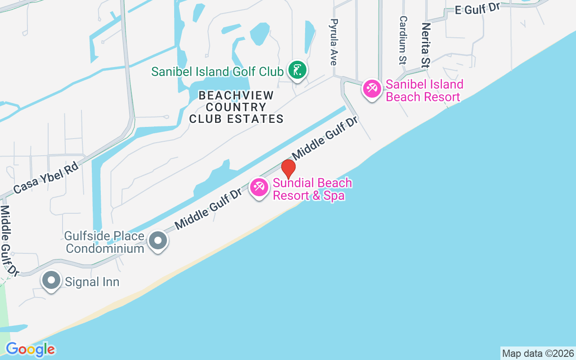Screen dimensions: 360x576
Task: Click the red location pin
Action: (x=288, y=169)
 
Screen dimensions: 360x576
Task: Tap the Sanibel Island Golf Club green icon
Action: (x=297, y=70)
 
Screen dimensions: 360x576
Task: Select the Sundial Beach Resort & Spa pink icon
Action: (x=259, y=187)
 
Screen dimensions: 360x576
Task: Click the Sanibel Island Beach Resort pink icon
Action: (x=372, y=88)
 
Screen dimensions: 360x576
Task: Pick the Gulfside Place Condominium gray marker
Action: (x=158, y=240)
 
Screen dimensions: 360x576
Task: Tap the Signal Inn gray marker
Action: (x=51, y=280)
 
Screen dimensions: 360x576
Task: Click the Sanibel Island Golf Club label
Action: (x=217, y=72)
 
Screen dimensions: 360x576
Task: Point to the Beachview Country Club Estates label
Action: (x=236, y=107)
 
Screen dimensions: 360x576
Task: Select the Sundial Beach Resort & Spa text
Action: (x=312, y=189)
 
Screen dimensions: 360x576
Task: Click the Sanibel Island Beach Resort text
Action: (x=424, y=90)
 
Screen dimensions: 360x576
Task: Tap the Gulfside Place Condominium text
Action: (x=104, y=242)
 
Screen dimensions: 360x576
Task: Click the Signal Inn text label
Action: (x=92, y=282)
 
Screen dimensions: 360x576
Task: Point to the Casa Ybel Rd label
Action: (x=46, y=178)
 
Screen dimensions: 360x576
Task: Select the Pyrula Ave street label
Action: (x=333, y=42)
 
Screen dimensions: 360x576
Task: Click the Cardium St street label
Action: (x=403, y=40)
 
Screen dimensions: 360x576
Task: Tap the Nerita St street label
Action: (x=425, y=45)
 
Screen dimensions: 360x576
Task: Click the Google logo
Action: (x=31, y=349)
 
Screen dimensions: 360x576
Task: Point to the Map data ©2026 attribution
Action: (x=538, y=353)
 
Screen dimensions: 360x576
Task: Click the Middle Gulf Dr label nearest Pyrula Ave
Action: (x=325, y=138)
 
